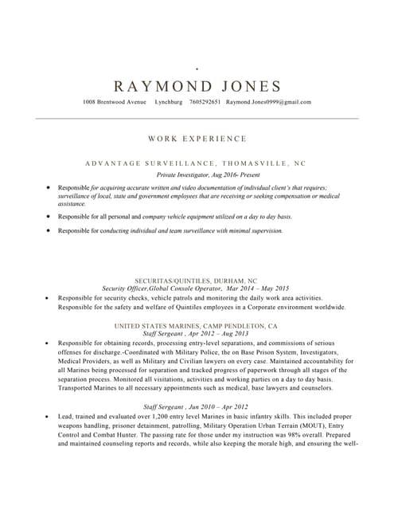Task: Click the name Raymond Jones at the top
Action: [197, 87]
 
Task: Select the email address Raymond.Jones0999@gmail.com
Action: [268, 102]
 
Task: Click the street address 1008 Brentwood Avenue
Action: [115, 102]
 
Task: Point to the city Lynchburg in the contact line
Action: [169, 102]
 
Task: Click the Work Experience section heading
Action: [197, 139]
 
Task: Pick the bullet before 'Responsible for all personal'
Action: [48, 216]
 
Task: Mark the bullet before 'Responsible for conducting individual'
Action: [48, 230]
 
